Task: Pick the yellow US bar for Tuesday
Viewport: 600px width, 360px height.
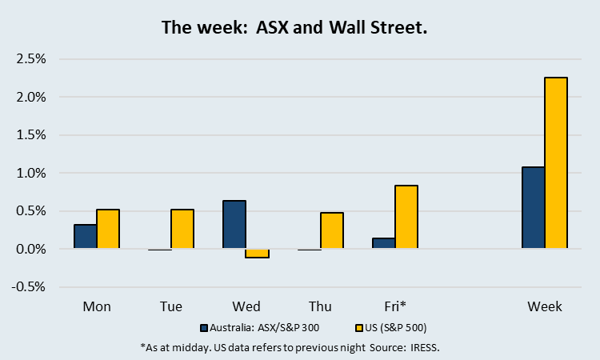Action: [x=182, y=230]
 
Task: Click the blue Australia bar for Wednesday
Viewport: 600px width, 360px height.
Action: [x=234, y=225]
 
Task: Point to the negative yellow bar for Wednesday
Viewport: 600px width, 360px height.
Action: [x=257, y=254]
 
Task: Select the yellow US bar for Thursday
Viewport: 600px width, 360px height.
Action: [x=331, y=231]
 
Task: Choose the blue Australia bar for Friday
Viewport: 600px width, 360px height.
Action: [x=384, y=244]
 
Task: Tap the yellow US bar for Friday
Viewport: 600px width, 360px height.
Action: [x=406, y=218]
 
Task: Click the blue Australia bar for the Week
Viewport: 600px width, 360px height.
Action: [x=533, y=208]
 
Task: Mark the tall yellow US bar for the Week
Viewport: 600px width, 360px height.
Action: [x=555, y=163]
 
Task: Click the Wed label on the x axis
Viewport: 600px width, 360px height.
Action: [x=246, y=306]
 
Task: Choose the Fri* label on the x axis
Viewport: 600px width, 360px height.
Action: [x=395, y=306]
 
